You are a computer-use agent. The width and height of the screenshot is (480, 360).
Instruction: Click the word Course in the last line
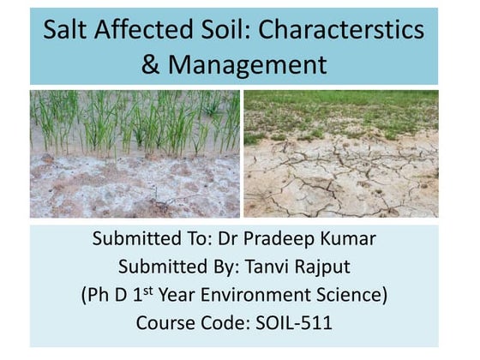coord(166,324)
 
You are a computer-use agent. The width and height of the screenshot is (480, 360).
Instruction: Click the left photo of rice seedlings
coord(135,154)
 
